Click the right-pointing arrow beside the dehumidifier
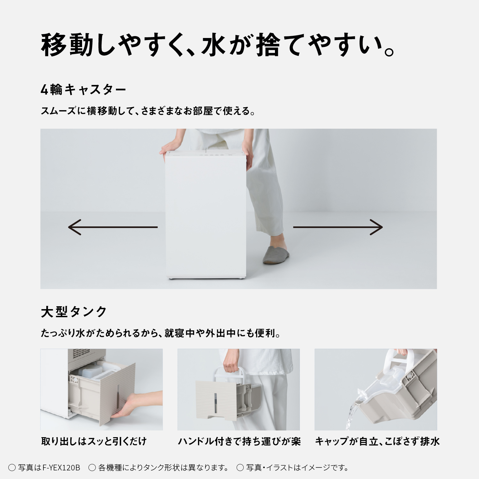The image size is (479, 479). pos(338,227)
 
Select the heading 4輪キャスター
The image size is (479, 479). pos(83,90)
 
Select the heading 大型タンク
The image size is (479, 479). pos(74,312)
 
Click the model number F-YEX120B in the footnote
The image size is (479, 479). pos(61,468)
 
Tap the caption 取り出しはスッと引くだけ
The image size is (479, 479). pos(94,441)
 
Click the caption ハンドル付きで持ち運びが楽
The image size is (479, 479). pos(239,441)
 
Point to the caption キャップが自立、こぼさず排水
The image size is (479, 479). pos(377,441)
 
